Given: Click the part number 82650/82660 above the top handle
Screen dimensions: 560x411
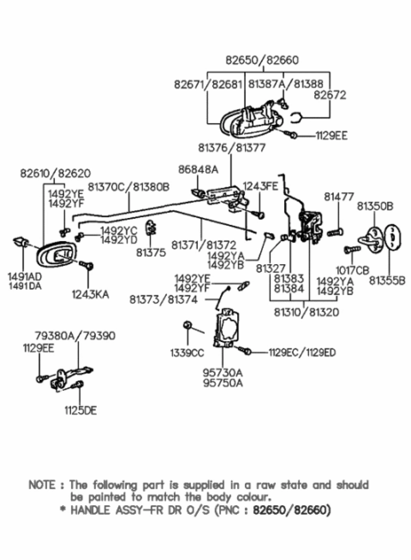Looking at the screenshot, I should pos(262,61).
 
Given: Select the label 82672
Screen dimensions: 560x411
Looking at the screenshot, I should pos(330,95).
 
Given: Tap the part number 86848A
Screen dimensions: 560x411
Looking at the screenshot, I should pos(198,170).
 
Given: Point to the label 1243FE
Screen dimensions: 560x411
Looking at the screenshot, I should pos(260,186).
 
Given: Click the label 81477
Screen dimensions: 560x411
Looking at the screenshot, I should pos(339,197).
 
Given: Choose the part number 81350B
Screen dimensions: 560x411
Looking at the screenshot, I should pos(375,206).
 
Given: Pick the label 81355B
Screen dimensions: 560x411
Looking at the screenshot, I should pos(387,281).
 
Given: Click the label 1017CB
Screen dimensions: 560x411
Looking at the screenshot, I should pos(352,271).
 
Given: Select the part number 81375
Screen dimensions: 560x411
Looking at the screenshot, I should pos(151,253).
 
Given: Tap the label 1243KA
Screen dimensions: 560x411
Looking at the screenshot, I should pos(90,295).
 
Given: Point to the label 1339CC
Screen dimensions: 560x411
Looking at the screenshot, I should pos(187,353).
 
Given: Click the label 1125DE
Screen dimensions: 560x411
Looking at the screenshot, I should pos(80,411).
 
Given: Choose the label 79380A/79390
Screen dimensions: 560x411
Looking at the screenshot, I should pos(75,336).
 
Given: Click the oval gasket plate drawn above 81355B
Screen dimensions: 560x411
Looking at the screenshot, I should pos(391,238).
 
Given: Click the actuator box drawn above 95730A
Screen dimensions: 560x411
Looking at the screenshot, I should pos(228,328).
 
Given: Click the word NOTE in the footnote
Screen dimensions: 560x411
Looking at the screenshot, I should pos(42,485).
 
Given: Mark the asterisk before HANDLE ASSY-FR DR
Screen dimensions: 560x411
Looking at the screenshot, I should pos(62,511).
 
